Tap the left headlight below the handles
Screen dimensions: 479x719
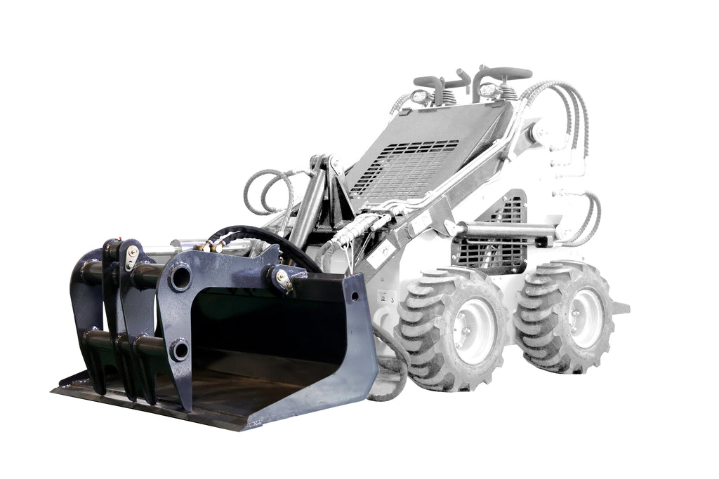[x=421, y=97]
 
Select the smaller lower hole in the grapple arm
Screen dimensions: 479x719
[x=179, y=349]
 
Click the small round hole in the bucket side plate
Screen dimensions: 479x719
[x=354, y=296]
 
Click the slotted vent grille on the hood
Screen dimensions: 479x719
[x=407, y=168]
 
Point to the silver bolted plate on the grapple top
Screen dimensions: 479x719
[x=131, y=257]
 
